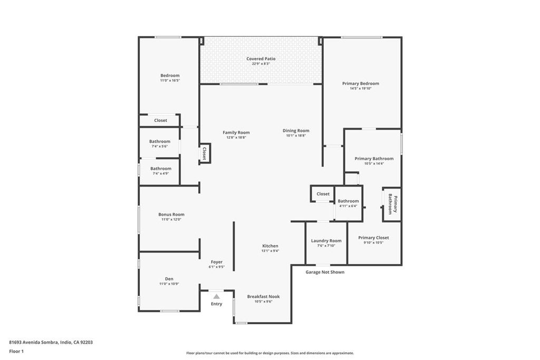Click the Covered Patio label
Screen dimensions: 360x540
click(261, 59)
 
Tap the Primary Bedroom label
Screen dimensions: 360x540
click(360, 83)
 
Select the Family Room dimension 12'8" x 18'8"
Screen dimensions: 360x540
click(236, 138)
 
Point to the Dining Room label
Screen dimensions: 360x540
click(296, 131)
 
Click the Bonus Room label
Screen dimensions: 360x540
click(171, 215)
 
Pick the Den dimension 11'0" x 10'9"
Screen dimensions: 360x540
click(169, 284)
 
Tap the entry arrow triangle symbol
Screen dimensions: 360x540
click(216, 297)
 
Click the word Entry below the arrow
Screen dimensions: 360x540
click(217, 304)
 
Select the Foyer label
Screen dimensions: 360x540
click(217, 262)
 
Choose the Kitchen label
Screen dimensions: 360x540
click(271, 246)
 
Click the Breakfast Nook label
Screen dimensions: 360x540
click(264, 297)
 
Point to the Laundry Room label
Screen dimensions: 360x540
click(326, 241)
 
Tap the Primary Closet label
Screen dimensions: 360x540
click(374, 238)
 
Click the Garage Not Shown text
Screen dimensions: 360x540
click(325, 273)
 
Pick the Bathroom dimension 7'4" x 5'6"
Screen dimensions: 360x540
click(159, 146)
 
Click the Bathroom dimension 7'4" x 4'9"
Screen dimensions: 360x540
click(160, 173)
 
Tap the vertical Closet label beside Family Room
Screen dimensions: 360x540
click(205, 153)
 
